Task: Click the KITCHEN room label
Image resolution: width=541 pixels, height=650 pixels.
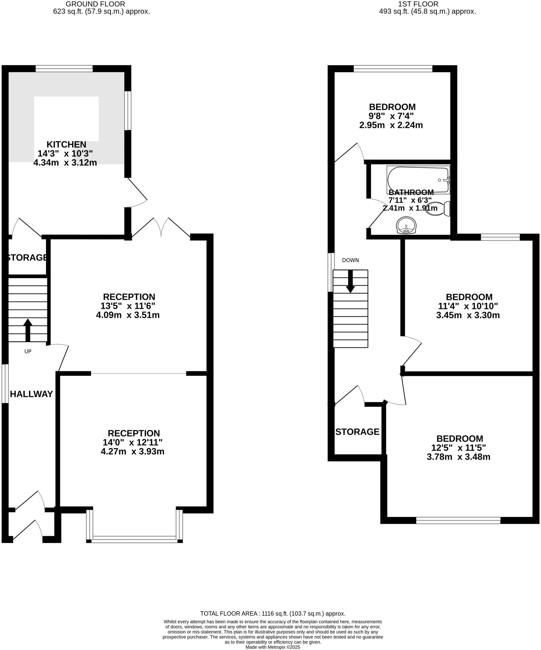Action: (66, 144)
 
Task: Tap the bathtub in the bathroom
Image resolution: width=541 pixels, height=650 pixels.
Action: (418, 180)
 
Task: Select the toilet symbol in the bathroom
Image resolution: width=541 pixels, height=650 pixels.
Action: (439, 209)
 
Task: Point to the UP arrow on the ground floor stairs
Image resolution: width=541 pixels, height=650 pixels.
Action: (28, 329)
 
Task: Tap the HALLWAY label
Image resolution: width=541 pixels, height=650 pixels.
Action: (31, 394)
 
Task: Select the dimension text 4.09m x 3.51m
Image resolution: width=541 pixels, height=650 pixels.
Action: (128, 315)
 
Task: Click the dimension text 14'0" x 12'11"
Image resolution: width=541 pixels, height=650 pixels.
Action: (133, 442)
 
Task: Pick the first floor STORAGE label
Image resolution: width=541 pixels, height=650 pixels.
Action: (357, 432)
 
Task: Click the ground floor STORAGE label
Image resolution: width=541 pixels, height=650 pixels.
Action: (27, 257)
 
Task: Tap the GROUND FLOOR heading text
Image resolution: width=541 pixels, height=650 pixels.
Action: (95, 4)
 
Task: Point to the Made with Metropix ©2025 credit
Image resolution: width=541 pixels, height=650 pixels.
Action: (273, 647)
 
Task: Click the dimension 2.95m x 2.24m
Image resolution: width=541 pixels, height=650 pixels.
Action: (391, 125)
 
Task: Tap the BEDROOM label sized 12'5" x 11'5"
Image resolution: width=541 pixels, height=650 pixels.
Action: (459, 439)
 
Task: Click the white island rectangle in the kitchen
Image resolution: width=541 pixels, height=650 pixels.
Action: (66, 118)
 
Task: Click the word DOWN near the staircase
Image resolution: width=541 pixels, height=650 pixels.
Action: (350, 260)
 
